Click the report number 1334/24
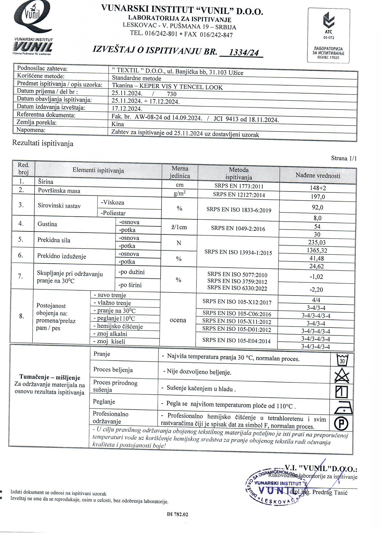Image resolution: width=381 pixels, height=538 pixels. [244, 53]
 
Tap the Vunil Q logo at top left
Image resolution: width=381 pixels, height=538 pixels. [33, 18]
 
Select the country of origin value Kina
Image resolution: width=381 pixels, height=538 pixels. [118, 124]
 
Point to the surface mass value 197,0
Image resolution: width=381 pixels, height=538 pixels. [318, 197]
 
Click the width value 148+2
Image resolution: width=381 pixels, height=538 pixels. [318, 188]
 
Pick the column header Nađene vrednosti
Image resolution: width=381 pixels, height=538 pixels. [318, 176]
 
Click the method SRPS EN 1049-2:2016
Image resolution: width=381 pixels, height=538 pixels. [238, 229]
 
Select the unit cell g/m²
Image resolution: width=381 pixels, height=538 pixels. [179, 194]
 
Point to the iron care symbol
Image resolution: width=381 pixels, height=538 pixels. [343, 407]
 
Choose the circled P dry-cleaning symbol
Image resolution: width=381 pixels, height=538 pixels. [341, 424]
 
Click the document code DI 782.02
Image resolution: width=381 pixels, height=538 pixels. [177, 514]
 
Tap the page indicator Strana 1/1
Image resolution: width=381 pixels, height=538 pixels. [344, 158]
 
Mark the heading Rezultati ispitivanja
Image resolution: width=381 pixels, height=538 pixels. [43, 143]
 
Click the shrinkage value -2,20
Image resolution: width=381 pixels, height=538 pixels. [316, 289]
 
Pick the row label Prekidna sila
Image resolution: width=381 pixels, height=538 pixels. [54, 240]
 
